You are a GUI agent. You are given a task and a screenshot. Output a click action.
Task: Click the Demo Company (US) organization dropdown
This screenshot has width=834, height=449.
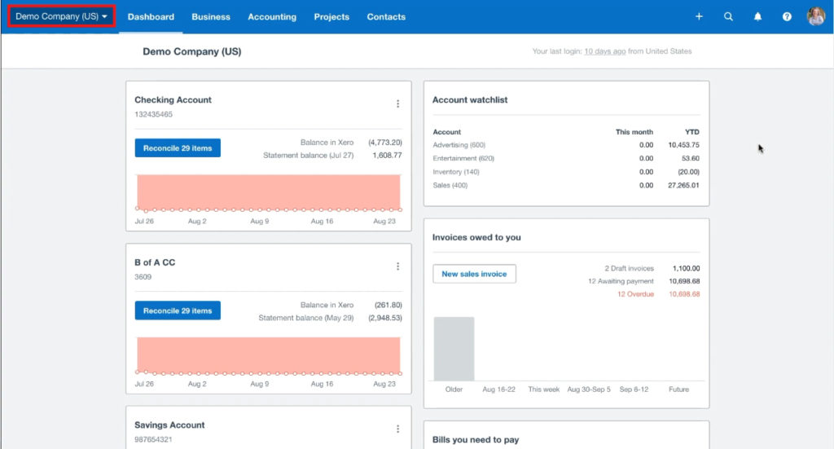point(61,16)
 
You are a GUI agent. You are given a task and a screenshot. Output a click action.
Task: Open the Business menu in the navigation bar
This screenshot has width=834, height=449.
point(211,17)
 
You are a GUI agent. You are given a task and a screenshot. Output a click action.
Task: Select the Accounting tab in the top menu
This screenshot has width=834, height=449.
point(272,17)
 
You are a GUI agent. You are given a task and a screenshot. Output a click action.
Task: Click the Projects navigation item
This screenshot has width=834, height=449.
point(331,17)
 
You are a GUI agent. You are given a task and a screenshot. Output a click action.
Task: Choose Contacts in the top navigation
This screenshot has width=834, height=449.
point(386,17)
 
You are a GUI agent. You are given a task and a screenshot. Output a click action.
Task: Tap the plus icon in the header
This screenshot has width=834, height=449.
point(699,16)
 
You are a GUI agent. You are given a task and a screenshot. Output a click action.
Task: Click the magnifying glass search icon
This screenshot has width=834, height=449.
point(728,16)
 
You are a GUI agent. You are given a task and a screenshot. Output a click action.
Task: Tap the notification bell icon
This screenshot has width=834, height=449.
point(757,16)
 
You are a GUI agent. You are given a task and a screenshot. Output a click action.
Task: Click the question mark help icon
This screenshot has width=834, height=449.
point(787,16)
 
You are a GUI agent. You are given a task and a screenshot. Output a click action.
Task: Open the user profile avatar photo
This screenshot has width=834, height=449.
point(815,16)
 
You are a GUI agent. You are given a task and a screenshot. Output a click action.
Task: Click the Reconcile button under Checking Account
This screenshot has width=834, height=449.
point(178,148)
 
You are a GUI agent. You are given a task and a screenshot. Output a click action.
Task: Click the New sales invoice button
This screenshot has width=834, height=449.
point(474,274)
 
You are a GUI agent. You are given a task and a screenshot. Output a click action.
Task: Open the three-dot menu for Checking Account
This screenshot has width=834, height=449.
point(397,103)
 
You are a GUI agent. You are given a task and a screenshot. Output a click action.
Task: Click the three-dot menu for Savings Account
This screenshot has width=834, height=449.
point(397,429)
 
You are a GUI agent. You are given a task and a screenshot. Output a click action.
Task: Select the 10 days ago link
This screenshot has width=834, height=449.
point(604,51)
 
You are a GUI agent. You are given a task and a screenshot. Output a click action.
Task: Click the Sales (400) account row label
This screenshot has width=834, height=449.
point(451,185)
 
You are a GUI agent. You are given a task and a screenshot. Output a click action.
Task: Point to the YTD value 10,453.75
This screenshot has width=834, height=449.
point(683,145)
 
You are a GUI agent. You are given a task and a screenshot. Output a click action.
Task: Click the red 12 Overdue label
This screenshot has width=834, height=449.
point(635,294)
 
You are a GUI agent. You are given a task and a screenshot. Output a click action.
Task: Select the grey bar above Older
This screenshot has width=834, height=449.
point(454,348)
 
